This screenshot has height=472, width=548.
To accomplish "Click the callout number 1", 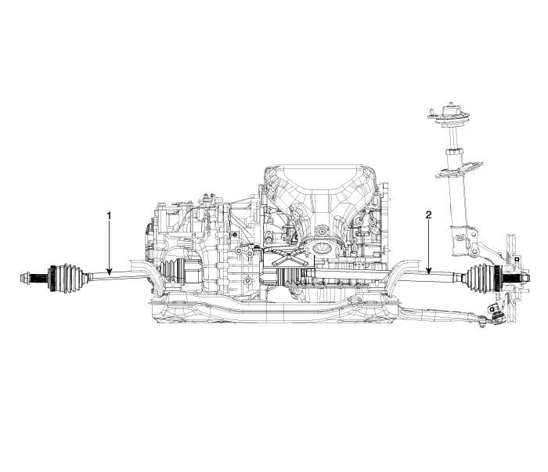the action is pyautogui.click(x=109, y=216).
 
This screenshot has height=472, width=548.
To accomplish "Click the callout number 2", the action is pyautogui.click(x=428, y=214).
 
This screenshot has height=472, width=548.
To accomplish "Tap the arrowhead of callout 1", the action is pyautogui.click(x=109, y=272).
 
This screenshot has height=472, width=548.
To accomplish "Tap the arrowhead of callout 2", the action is pyautogui.click(x=428, y=270).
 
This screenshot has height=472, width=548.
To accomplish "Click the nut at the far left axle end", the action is pyautogui.click(x=25, y=278).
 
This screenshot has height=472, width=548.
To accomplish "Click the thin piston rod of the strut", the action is pyautogui.click(x=453, y=138).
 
